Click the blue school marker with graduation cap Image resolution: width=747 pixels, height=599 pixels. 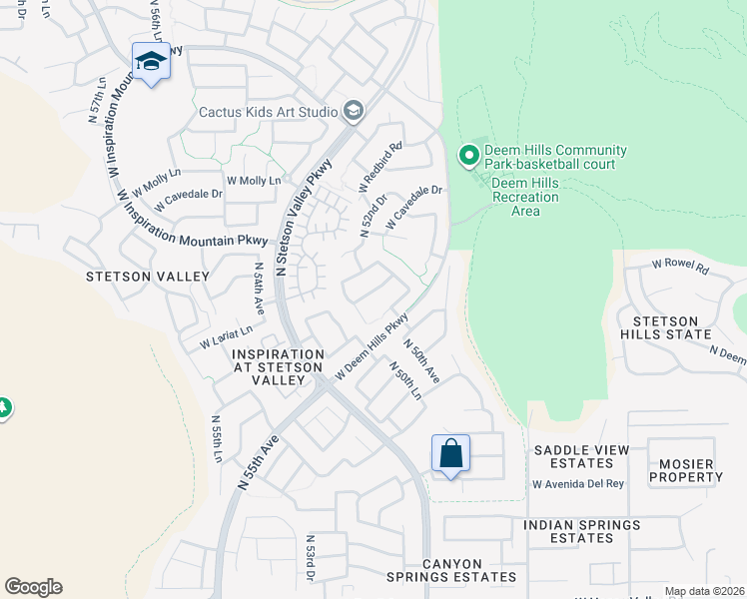point(151,62)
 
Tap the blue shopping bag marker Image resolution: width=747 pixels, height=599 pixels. point(450,454)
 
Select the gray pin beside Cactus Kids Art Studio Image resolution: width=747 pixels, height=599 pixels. point(353,111)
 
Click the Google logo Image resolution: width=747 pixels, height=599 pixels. point(33,587)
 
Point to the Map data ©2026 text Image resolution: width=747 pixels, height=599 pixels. point(704,591)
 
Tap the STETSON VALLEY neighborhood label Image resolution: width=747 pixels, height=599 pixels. point(148,277)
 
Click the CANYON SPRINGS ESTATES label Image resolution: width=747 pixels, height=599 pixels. point(454,570)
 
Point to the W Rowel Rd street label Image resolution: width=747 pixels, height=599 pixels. point(680,267)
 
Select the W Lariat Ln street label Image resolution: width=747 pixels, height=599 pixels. point(226,336)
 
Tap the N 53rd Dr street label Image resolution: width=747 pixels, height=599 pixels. point(311,558)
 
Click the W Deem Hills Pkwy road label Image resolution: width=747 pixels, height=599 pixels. point(372,348)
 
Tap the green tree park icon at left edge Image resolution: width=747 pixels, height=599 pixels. point(3,407)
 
